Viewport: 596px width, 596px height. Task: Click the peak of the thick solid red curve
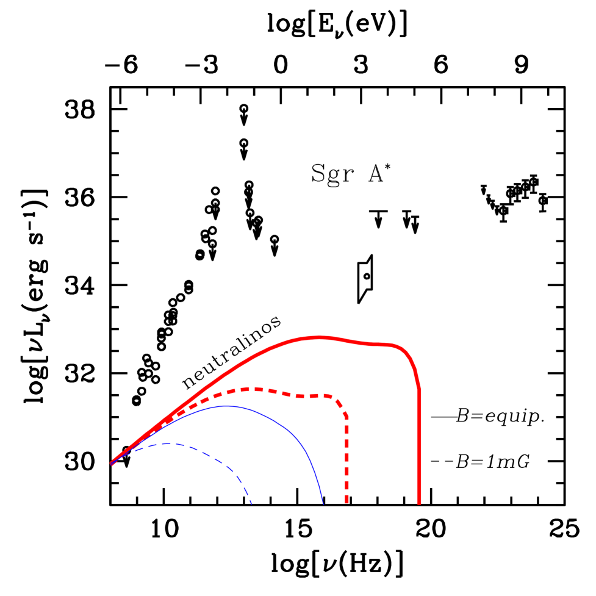pos(319,337)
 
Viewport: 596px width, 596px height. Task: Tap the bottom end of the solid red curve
pos(419,502)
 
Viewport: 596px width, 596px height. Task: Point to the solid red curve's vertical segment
pos(419,445)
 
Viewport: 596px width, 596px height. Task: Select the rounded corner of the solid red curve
pos(410,357)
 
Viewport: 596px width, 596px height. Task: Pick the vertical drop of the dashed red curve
pos(346,458)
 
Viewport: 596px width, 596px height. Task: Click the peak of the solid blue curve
pos(227,406)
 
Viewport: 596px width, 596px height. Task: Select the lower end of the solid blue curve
pos(323,503)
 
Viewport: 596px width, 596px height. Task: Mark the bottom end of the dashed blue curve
pos(251,504)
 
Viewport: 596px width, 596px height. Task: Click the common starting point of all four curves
pos(112,464)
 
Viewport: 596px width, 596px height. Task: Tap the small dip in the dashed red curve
pos(300,397)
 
